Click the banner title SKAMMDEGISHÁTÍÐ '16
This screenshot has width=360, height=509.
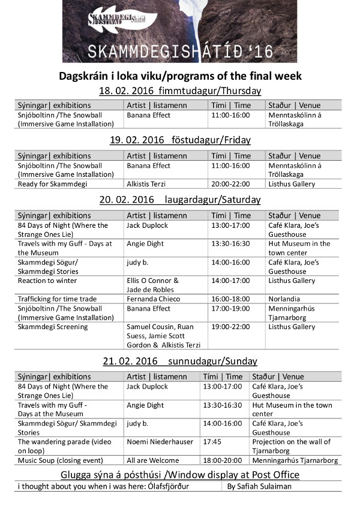click(x=180, y=52)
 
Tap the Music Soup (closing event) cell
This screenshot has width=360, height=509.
click(x=60, y=460)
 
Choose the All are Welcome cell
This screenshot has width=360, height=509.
click(x=152, y=460)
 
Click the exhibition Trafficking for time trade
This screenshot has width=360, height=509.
click(x=57, y=299)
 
